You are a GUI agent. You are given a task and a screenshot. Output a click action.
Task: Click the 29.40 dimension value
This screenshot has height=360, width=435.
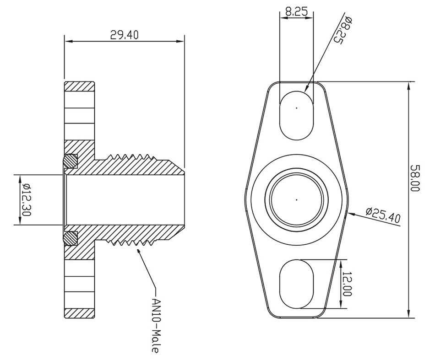(x=124, y=35)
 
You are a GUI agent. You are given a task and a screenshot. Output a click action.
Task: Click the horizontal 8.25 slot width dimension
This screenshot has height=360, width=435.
(x=296, y=12)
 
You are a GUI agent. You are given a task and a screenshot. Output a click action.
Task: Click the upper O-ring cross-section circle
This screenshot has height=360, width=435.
(x=71, y=160)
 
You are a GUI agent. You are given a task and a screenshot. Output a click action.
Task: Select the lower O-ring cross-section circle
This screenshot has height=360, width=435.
(x=71, y=238)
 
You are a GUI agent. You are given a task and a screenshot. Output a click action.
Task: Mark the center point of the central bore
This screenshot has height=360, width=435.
(x=296, y=200)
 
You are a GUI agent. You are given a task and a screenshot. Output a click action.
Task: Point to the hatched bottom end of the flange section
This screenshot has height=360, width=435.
(x=80, y=313)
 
